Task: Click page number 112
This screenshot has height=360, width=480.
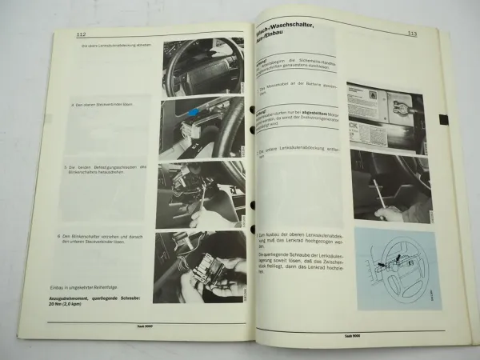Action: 82,34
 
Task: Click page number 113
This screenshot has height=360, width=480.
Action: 412,34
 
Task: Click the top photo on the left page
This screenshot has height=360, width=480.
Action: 203,67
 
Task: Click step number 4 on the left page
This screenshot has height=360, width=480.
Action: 73,105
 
